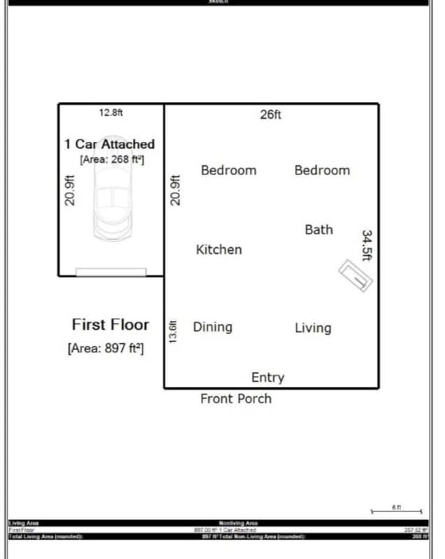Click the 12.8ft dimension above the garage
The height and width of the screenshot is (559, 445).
[111, 112]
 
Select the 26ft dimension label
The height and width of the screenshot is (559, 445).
[270, 115]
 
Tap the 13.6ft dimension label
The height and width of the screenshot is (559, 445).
[173, 331]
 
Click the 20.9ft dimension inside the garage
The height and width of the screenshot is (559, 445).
[70, 189]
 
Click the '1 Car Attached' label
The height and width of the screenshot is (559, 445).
[110, 144]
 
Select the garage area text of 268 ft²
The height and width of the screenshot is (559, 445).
[112, 159]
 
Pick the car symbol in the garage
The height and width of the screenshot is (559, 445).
[111, 192]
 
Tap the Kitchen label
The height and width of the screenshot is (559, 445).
[219, 249]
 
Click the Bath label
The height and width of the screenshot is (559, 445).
[319, 229]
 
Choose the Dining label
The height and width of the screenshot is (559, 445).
[212, 327]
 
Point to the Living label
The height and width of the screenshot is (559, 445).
[312, 328]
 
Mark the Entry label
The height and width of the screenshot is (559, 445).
[268, 377]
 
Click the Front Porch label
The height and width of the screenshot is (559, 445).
[235, 398]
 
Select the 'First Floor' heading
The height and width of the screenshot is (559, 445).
[110, 324]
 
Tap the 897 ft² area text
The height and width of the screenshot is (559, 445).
[106, 347]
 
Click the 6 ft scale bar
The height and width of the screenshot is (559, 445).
[396, 511]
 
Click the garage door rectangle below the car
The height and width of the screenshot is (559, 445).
[111, 272]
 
